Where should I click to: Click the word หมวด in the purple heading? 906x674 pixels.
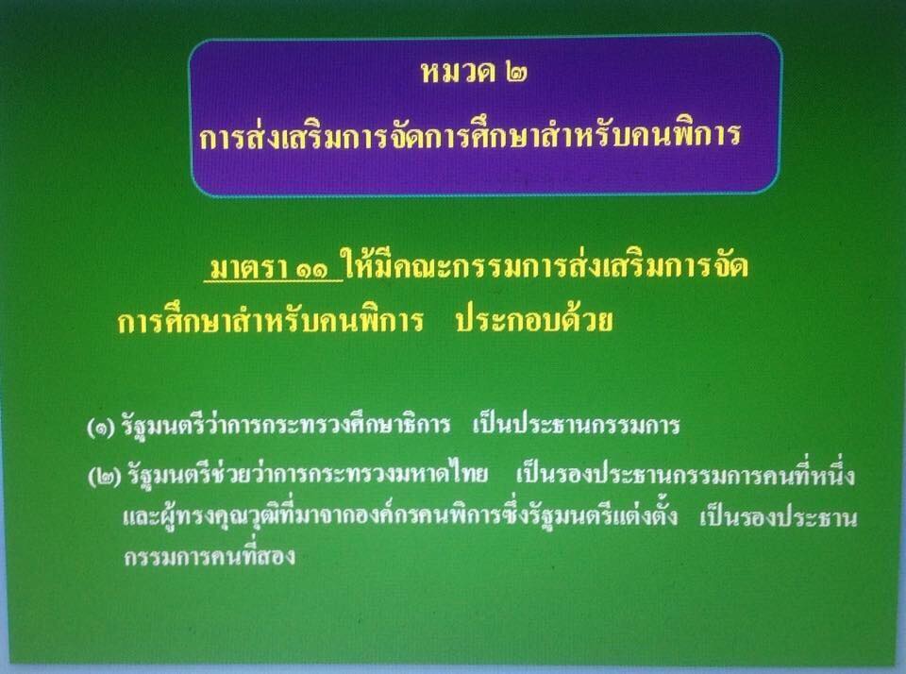[457, 72]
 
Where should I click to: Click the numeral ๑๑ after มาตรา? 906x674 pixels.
[317, 269]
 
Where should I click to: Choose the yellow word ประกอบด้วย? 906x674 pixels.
[534, 319]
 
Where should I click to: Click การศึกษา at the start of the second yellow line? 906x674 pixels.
[174, 320]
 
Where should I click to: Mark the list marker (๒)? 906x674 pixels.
[105, 478]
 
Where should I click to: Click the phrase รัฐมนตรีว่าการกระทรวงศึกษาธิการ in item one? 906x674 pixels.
[285, 426]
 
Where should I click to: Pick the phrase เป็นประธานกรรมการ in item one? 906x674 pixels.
[576, 426]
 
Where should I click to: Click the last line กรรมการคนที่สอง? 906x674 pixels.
[210, 555]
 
